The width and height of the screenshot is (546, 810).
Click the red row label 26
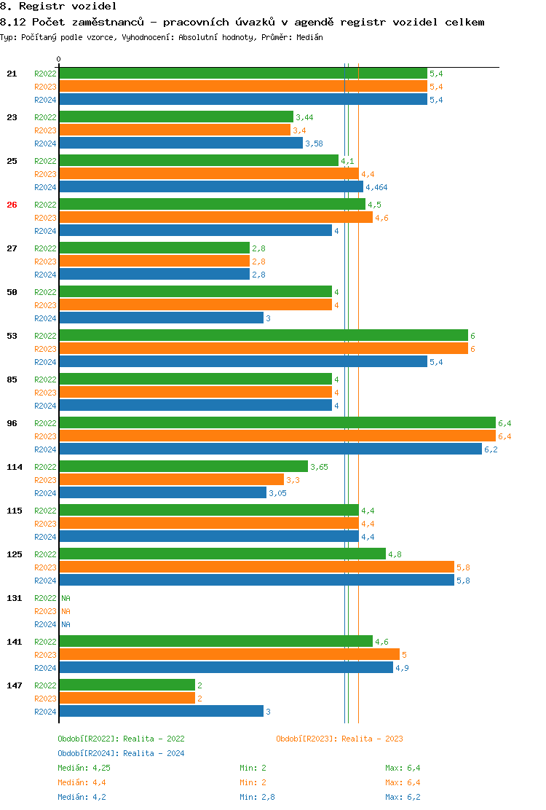12,205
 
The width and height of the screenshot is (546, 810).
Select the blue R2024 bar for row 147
161,712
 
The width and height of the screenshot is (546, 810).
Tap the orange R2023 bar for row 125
256,567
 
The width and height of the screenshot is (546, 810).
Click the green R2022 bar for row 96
277,423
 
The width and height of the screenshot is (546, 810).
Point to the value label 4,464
376,187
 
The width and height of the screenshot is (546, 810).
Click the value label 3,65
319,467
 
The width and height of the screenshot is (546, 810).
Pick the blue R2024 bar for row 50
161,318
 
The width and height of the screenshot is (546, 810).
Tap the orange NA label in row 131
66,611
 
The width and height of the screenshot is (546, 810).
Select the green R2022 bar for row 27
154,248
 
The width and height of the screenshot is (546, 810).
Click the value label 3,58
314,143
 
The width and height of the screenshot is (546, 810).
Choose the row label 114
15,467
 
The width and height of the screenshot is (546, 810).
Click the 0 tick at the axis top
59,60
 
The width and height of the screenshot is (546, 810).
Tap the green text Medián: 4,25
84,768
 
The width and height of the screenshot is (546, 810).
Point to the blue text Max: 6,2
403,797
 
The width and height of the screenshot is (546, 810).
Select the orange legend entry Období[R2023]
339,739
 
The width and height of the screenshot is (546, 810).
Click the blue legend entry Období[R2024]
121,753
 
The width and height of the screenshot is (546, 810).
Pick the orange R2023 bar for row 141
229,655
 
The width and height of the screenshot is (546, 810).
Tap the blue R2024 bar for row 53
243,362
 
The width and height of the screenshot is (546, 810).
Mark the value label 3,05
277,493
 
